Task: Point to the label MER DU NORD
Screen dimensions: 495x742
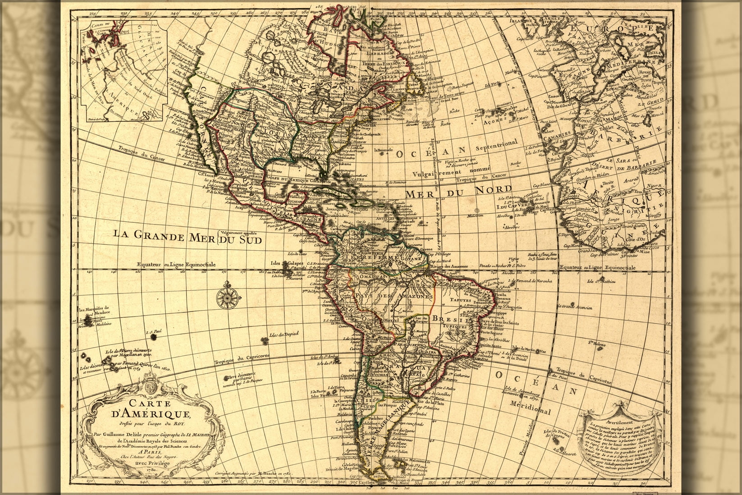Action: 459,191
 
